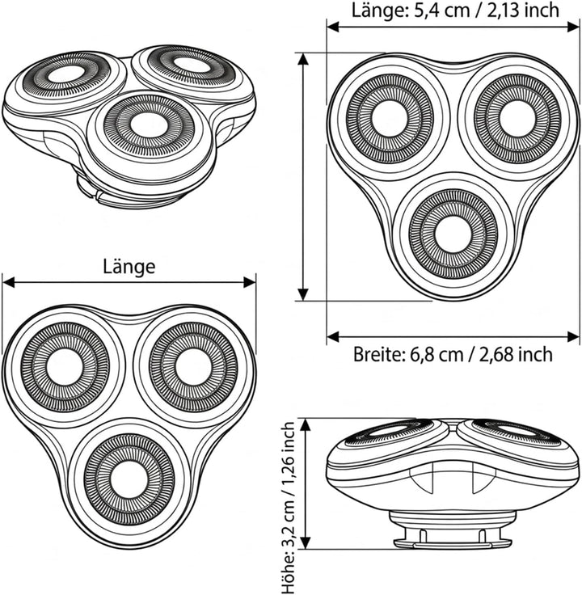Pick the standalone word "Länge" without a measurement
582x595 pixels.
129,267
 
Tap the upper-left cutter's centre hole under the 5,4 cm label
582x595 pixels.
390,118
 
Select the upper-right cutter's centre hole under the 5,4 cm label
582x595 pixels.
517,118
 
